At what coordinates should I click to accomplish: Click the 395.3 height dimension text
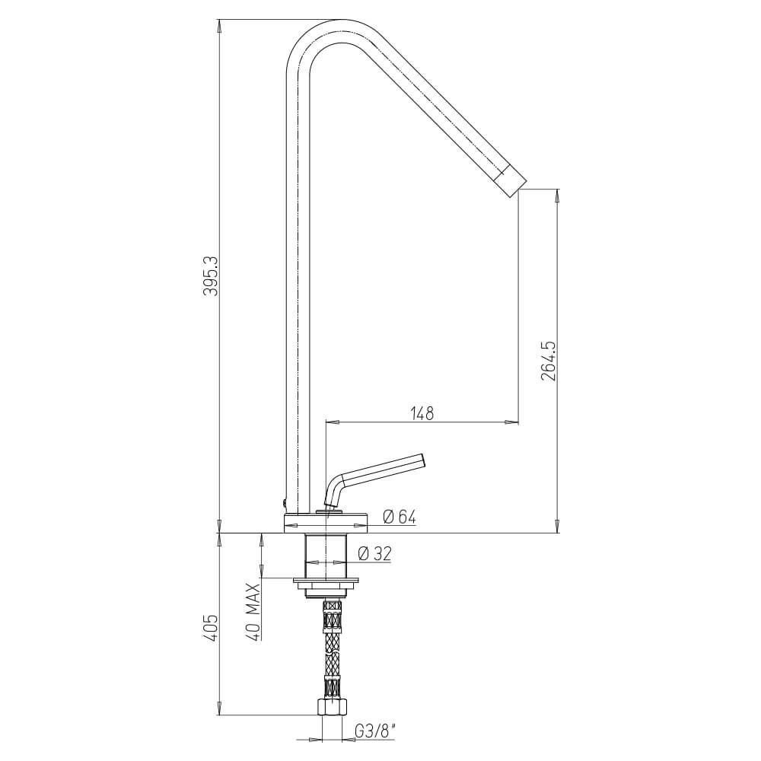point(212,275)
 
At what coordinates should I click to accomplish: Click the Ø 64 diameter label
point(399,517)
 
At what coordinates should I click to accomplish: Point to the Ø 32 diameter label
point(374,554)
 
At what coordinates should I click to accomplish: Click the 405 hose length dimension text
point(212,628)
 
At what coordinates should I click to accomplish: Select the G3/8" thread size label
point(374,732)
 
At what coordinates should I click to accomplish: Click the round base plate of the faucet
point(326,524)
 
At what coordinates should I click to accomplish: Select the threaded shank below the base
point(326,556)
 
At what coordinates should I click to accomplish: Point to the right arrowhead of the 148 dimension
point(513,421)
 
